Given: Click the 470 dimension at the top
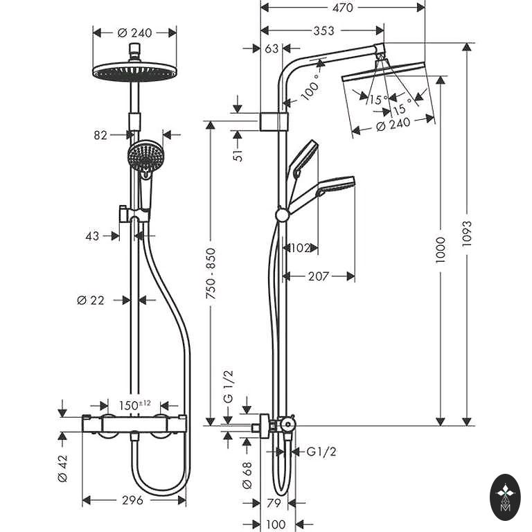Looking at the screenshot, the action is point(343,8).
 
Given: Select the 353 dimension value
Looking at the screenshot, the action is point(323,31).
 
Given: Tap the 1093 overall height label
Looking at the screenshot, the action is point(467,233).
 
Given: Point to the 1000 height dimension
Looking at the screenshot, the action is point(440,250).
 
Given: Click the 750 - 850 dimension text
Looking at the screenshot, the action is point(211,274).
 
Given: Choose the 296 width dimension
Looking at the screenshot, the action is point(132,500).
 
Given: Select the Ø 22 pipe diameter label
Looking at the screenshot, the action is point(91,300).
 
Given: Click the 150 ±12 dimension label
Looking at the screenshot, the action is point(134,405).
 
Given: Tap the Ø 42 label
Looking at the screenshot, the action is point(63,468).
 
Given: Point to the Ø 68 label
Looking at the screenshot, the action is point(247,475).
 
